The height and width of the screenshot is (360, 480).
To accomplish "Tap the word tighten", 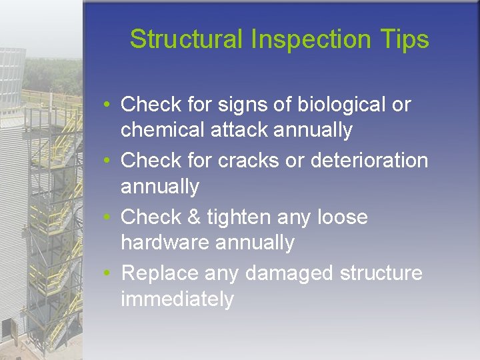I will (239, 217).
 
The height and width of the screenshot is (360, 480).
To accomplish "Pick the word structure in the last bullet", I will (381, 273).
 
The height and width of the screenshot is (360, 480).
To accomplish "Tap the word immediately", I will (177, 299).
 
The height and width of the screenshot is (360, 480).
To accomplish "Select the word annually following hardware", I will (254, 243).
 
